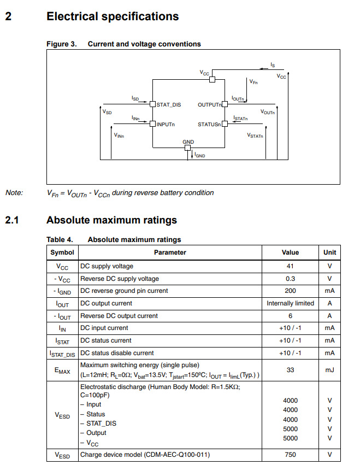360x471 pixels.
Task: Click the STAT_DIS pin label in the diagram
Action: (168, 104)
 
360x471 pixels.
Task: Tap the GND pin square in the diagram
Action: (188, 147)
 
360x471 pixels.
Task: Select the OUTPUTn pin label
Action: (209, 104)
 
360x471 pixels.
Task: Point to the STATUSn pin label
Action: (209, 125)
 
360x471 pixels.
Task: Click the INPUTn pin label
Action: (166, 125)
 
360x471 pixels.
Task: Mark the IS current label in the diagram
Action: (273, 65)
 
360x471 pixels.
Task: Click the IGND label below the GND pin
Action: (200, 155)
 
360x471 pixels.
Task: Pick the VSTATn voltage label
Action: (255, 135)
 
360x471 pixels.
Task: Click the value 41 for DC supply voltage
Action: (290, 266)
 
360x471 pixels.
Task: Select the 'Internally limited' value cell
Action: (290, 303)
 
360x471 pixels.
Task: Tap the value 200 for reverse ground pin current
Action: (290, 291)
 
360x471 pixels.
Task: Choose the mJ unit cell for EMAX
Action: (329, 370)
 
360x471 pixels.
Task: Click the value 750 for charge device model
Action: (290, 455)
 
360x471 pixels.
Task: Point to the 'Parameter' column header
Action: (170, 252)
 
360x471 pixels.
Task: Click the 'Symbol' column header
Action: (62, 252)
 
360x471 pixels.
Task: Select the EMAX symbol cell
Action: (62, 370)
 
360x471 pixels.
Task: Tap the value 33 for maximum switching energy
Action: (290, 370)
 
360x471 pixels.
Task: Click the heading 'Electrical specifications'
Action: (113, 16)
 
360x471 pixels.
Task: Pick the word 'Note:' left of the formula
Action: (14, 192)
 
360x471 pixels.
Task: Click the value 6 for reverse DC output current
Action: (290, 316)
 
